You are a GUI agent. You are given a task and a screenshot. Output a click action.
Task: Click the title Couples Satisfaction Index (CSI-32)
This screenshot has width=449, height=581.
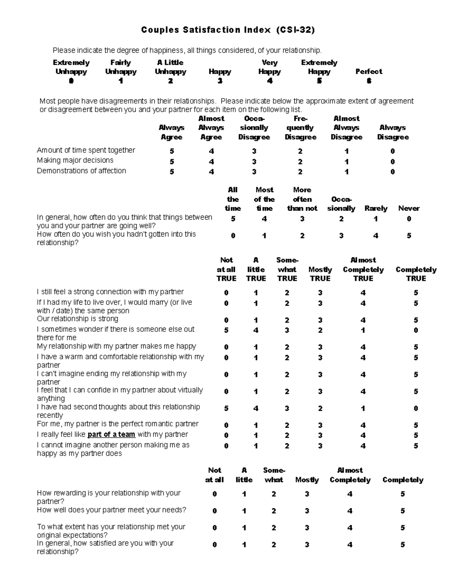click(228, 30)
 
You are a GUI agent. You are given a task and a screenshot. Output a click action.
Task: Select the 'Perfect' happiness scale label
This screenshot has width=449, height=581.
click(369, 71)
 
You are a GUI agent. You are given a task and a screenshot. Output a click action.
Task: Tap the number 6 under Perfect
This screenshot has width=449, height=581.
click(369, 81)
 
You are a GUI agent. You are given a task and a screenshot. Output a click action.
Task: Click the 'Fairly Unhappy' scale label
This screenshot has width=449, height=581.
click(120, 67)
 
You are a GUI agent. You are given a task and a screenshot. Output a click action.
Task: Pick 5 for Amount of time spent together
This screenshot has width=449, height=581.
click(172, 152)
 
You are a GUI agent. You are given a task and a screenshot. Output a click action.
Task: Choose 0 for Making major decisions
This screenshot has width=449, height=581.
click(393, 162)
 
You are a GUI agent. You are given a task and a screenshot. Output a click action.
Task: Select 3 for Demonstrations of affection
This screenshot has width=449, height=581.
click(254, 172)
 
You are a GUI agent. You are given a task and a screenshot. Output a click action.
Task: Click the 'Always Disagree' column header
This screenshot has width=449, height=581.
click(393, 132)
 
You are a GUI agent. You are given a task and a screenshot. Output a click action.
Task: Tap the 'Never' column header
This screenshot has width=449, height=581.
click(409, 208)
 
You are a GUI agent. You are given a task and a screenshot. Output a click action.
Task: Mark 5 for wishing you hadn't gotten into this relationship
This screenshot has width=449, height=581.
click(409, 236)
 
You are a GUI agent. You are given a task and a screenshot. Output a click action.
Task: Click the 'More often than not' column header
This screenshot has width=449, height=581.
click(302, 199)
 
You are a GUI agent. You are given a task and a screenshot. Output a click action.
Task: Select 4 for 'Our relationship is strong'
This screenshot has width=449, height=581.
click(363, 320)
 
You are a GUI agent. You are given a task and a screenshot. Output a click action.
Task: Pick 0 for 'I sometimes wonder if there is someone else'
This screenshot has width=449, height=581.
click(416, 330)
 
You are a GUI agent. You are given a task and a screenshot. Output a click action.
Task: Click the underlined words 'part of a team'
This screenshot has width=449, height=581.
click(111, 434)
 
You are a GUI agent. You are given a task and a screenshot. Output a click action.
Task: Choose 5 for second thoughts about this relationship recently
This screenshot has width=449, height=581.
click(226, 409)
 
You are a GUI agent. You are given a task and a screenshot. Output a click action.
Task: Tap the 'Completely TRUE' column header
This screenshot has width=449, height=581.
click(416, 274)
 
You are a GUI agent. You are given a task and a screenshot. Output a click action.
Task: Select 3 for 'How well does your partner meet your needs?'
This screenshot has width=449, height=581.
click(307, 511)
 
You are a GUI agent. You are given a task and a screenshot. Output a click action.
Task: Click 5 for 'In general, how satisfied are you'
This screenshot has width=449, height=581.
click(403, 545)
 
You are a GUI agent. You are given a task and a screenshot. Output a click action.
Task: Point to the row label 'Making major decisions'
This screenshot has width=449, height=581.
click(75, 160)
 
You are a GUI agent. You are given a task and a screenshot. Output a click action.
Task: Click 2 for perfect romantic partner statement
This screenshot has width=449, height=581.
click(287, 425)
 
